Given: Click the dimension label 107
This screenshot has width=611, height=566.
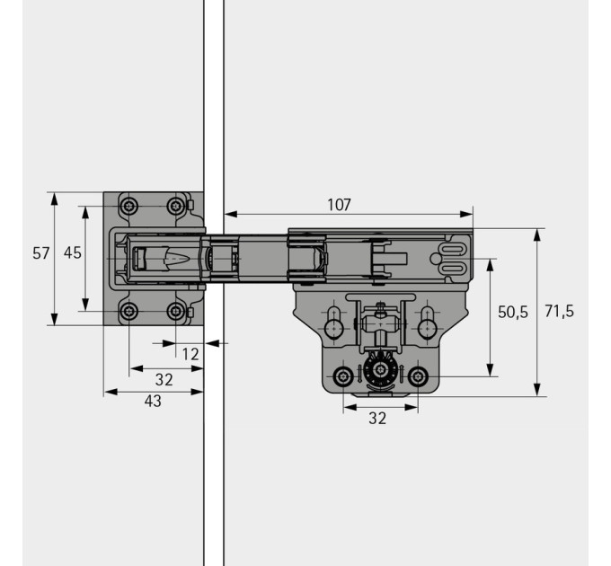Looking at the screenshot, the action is point(339,205).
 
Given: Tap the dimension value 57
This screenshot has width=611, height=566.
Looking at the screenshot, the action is point(41,253).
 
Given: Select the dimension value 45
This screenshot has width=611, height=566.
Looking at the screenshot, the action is point(73,252).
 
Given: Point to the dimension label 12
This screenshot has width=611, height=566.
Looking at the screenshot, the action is point(190,354).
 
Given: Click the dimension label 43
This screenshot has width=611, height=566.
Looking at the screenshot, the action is point(153,401).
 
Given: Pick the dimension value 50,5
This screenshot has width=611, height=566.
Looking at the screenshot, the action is point(513,312).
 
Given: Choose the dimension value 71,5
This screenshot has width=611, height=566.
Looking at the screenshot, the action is point(559,311).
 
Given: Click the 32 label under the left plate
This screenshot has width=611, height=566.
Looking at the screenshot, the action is point(164,379).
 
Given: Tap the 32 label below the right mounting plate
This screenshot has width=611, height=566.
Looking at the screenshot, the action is point(377,418).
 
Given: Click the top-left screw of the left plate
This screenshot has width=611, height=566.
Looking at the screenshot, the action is point(128,205).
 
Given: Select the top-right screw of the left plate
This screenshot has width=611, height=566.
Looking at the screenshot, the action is point(176,205).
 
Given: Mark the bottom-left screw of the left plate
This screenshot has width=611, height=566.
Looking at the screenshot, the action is point(128,311).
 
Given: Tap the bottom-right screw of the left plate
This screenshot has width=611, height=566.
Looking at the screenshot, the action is point(176,311).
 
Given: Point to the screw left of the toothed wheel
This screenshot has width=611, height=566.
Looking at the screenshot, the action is point(343,376).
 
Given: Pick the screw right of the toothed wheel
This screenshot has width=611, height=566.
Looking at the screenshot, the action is point(418,376).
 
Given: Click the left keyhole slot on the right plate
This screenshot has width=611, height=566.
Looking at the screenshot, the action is point(334,323).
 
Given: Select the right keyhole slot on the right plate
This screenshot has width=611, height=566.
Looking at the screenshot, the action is point(428,323).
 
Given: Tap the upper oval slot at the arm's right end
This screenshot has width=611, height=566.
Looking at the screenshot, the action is point(452,249).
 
